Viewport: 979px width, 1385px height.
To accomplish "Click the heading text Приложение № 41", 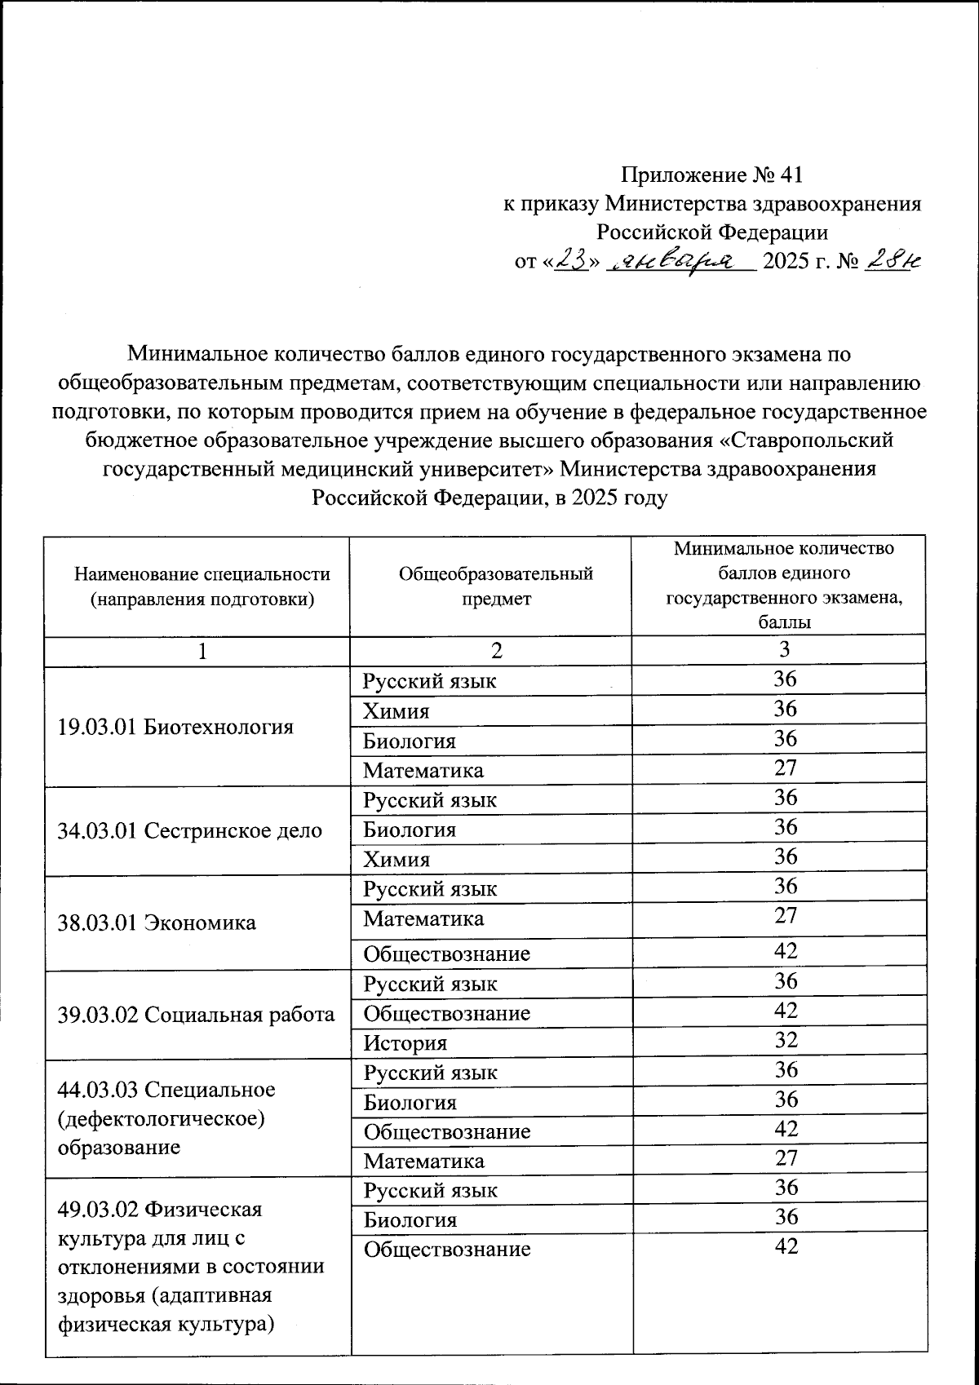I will (x=711, y=175).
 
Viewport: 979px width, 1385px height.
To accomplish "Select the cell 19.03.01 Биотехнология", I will (x=175, y=727).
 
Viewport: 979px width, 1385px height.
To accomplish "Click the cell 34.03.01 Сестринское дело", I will (x=190, y=830).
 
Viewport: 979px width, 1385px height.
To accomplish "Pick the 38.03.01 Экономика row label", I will (x=157, y=923).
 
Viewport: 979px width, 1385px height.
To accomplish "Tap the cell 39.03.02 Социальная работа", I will (x=196, y=1015).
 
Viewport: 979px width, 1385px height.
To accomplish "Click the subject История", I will (x=405, y=1043).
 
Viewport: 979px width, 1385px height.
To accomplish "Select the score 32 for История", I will (x=786, y=1040).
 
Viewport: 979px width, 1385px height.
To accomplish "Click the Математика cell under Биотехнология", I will (x=423, y=771).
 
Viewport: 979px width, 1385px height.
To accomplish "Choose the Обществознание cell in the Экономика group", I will (x=446, y=954).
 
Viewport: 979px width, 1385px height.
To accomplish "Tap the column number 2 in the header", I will (x=496, y=650).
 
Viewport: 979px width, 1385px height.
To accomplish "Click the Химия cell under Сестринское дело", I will (x=396, y=860).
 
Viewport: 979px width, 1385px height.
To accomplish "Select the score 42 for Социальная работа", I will (x=786, y=1011).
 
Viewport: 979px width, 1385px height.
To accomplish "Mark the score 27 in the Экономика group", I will (x=786, y=915).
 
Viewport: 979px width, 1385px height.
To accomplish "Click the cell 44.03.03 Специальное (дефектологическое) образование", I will (x=167, y=1118).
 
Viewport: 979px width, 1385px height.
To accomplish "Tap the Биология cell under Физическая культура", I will (x=410, y=1220).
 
